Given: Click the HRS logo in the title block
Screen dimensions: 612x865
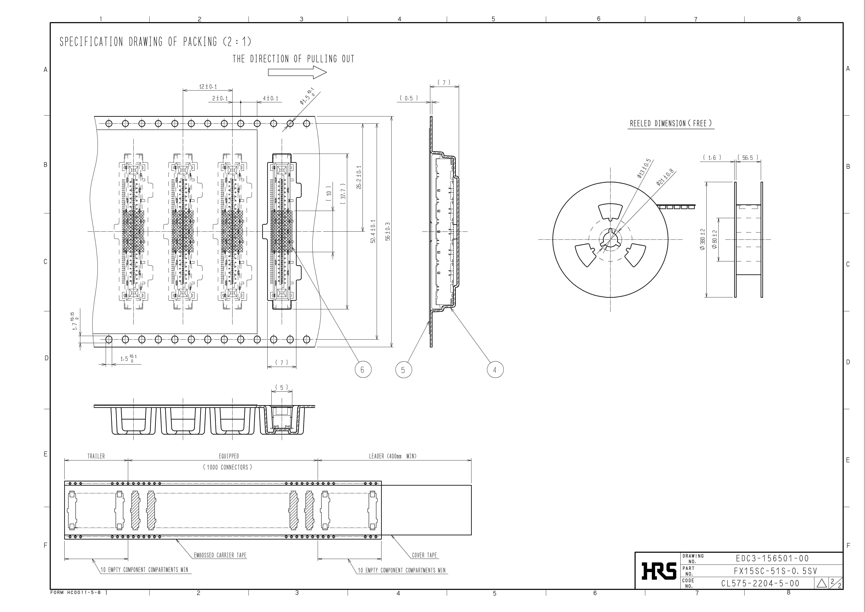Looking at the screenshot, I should pos(658,571).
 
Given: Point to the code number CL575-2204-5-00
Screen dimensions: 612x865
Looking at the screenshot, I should pos(760,583).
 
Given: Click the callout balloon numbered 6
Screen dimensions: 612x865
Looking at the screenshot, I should pos(363,370).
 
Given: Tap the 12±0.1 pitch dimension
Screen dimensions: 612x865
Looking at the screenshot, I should pos(208,87).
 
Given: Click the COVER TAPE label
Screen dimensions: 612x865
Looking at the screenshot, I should pos(424,555).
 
